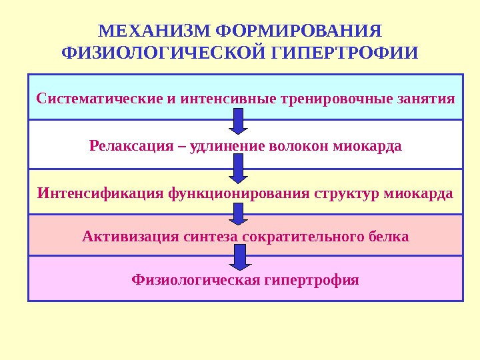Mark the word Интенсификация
[x=100, y=193]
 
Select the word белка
[x=389, y=236]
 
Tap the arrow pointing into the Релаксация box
[x=239, y=121]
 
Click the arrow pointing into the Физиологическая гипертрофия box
[x=239, y=257]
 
